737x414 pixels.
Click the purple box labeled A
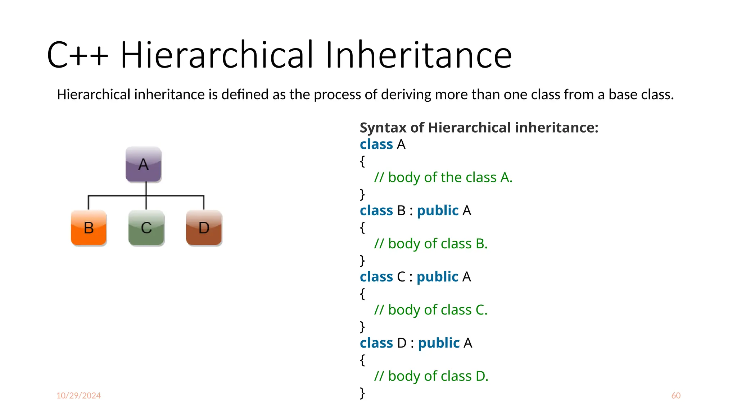click(x=143, y=165)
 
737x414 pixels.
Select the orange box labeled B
click(x=89, y=228)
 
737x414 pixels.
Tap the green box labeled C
click(x=146, y=228)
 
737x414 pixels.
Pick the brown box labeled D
click(x=204, y=228)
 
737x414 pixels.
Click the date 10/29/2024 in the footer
click(x=78, y=395)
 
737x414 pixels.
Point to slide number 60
click(x=675, y=395)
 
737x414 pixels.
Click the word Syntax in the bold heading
click(x=383, y=128)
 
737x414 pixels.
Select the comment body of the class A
click(x=443, y=178)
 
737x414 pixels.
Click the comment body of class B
click(x=431, y=244)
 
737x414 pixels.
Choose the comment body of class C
click(x=431, y=310)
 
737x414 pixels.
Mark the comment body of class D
click(x=431, y=376)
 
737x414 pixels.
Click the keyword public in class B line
click(x=438, y=211)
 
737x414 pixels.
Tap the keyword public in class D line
click(x=439, y=343)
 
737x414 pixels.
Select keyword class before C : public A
click(x=376, y=277)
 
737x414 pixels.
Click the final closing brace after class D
click(x=362, y=393)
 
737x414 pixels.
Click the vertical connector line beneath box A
click(x=146, y=189)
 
